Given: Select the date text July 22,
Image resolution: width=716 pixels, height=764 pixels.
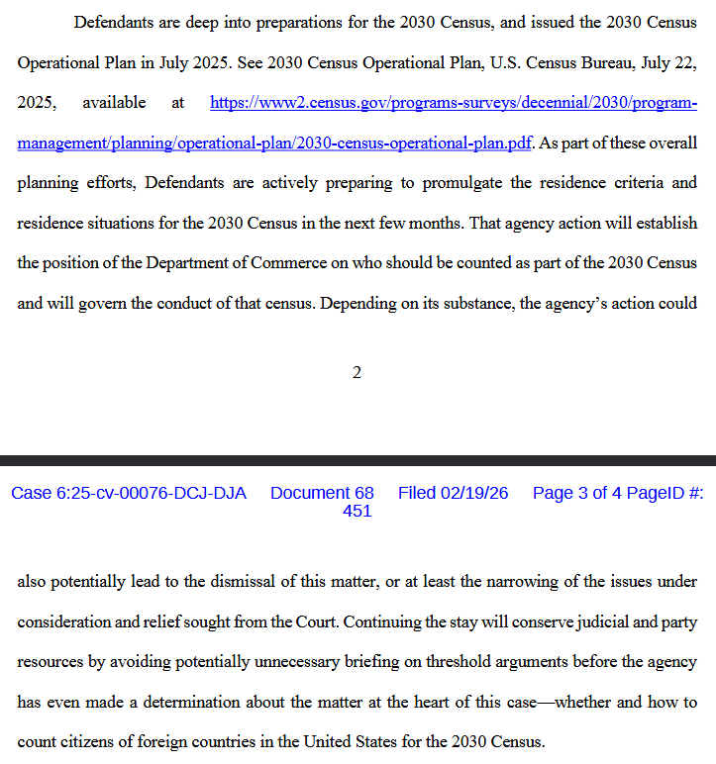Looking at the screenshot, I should pyautogui.click(x=667, y=61).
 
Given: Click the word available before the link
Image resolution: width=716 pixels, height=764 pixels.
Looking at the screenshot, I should pyautogui.click(x=114, y=102).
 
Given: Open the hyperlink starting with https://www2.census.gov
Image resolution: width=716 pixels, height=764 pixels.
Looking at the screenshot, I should pyautogui.click(x=454, y=102).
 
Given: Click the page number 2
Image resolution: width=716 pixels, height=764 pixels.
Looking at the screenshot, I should pyautogui.click(x=357, y=372).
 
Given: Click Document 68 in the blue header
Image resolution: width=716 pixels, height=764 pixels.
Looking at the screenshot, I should pyautogui.click(x=322, y=493).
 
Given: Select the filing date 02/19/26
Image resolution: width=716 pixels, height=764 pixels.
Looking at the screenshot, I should pyautogui.click(x=475, y=493).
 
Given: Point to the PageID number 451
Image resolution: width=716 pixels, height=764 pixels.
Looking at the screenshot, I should pyautogui.click(x=357, y=511).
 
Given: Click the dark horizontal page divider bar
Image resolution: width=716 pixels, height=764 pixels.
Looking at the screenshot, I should pyautogui.click(x=358, y=460).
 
